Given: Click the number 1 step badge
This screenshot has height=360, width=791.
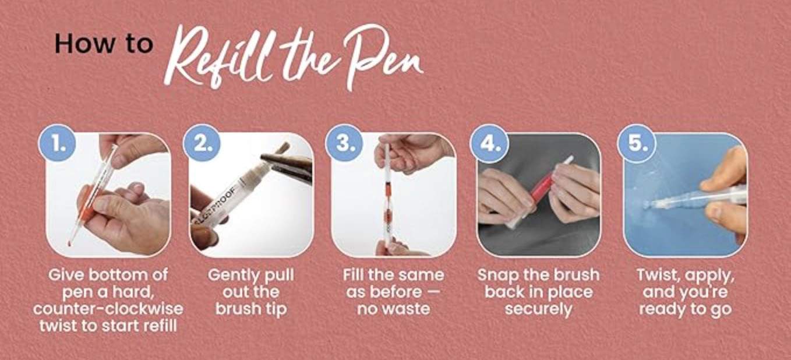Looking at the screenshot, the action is [57, 143].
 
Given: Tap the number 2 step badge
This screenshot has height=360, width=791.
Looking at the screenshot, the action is [202, 143].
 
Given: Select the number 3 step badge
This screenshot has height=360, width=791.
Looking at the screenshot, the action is [344, 143].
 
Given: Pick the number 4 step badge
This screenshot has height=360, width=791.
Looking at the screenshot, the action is [489, 143].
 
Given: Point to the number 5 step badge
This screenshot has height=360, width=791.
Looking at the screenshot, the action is [636, 143].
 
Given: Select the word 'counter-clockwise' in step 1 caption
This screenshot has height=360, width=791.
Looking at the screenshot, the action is [108, 309].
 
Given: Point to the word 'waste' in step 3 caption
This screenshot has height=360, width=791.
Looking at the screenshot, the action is [410, 309].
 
